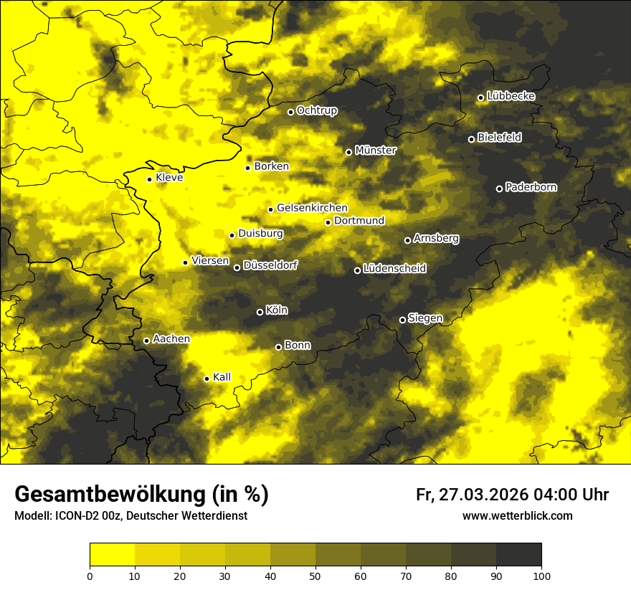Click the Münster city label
click(376, 151)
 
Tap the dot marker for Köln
click(260, 312)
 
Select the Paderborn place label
click(531, 188)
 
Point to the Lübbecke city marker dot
click(480, 97)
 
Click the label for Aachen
click(171, 339)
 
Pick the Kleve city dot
click(149, 179)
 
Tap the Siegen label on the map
click(425, 318)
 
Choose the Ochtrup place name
click(317, 111)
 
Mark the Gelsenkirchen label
click(312, 208)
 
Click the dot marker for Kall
click(207, 379)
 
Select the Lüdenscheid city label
click(394, 269)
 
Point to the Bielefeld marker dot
click(471, 139)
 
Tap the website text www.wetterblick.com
click(518, 515)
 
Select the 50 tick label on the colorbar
click(315, 575)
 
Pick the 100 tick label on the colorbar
click(541, 575)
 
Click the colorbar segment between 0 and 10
click(112, 554)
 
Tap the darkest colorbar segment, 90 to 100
click(518, 554)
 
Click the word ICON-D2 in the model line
click(75, 515)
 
